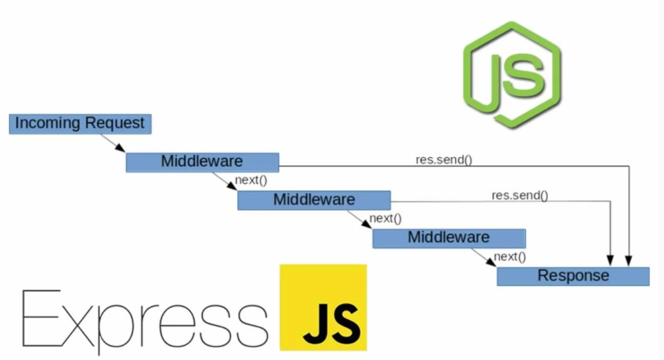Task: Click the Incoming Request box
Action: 80,124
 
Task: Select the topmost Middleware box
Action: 202,162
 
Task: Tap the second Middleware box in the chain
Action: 314,200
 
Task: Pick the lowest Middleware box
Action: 449,238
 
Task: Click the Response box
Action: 573,276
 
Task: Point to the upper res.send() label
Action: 444,159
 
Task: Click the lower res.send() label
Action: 520,195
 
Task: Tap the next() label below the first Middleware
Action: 251,180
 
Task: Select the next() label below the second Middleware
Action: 386,218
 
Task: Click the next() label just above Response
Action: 510,256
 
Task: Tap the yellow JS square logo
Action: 322,307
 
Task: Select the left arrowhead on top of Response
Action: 612,262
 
